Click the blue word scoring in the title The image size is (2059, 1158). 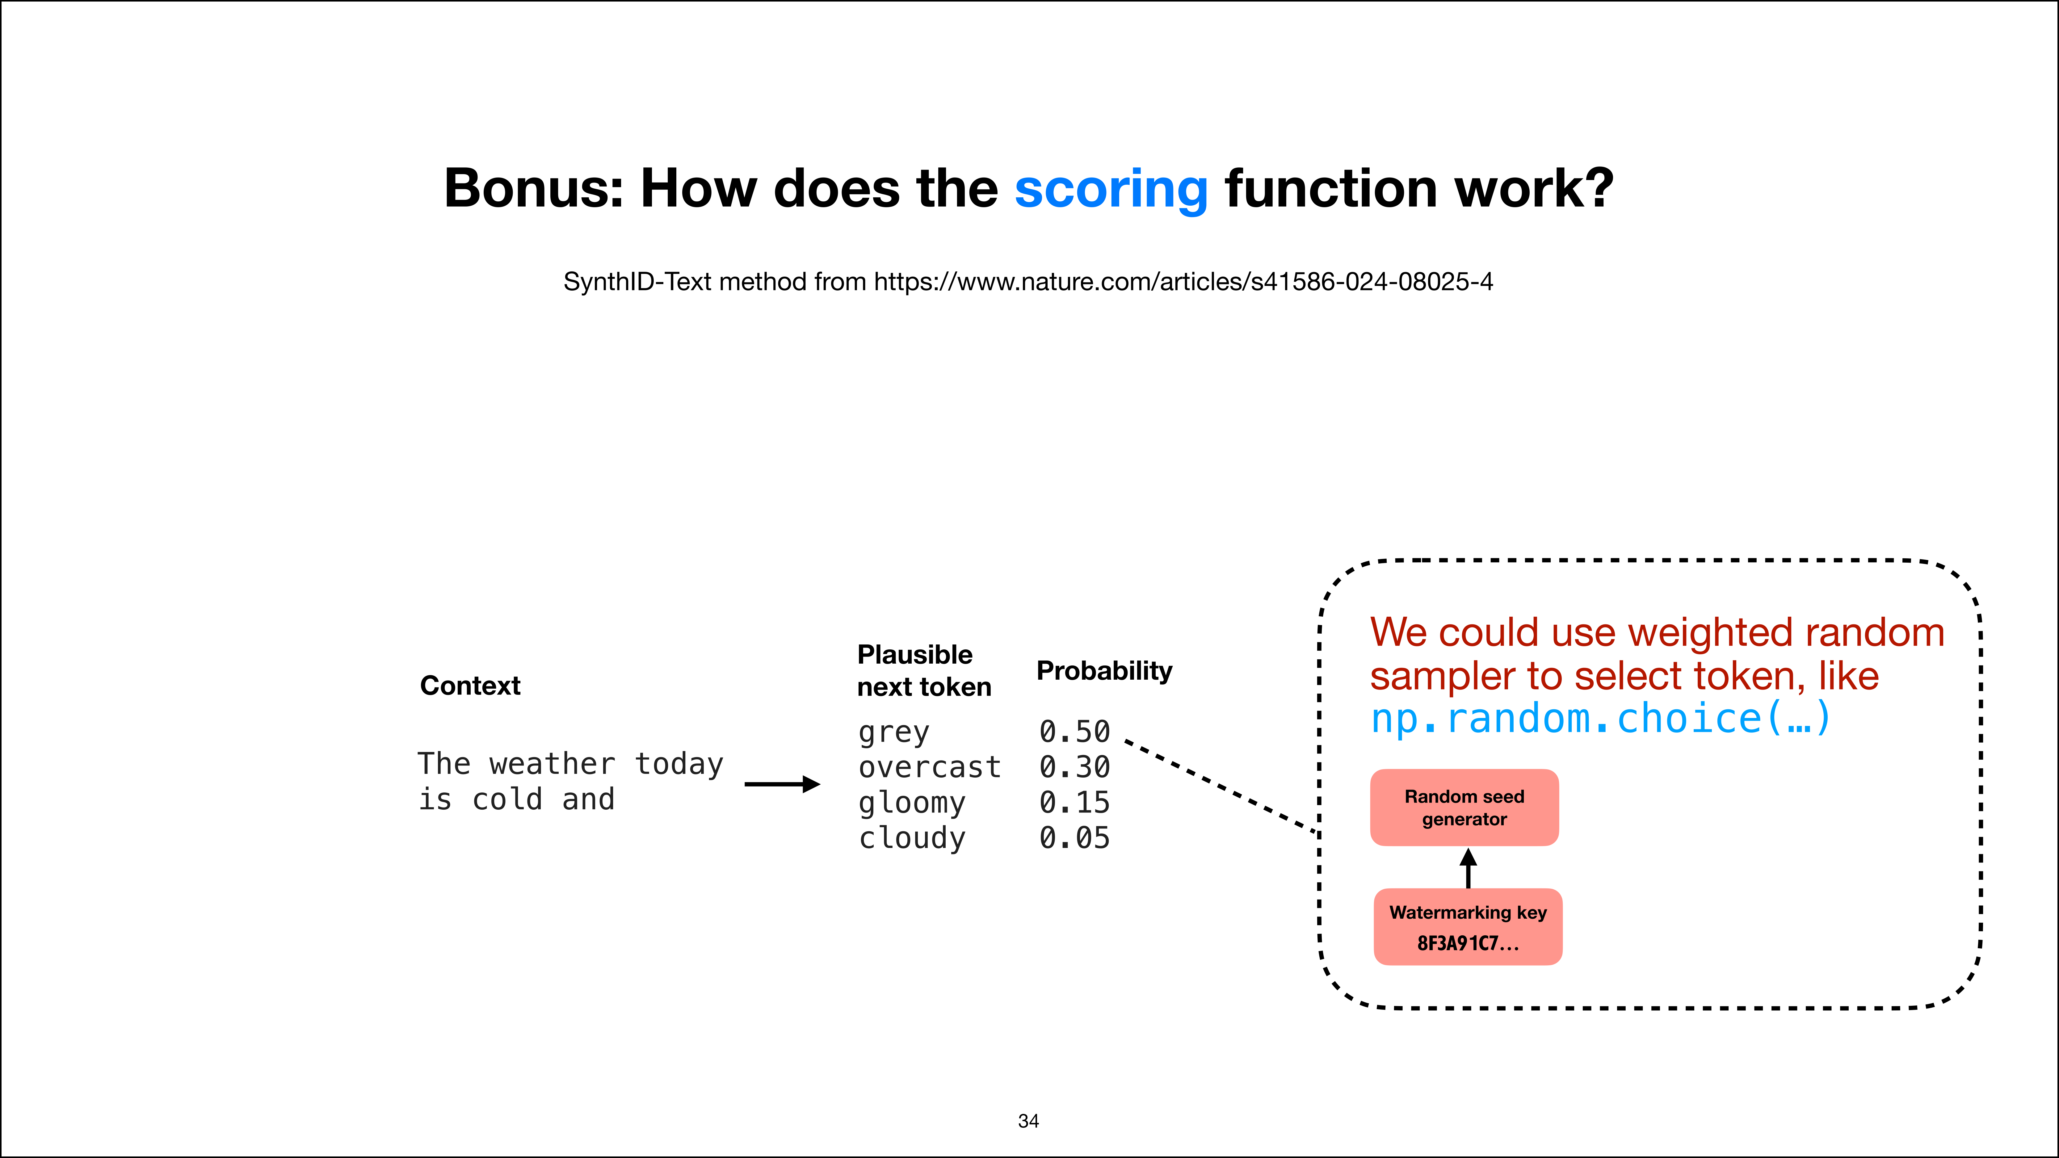click(1111, 190)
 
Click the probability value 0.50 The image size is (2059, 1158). click(1074, 731)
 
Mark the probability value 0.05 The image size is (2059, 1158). click(1074, 837)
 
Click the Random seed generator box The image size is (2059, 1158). click(1464, 807)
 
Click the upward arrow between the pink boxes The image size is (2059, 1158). click(1468, 868)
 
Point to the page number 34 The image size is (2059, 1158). click(1029, 1121)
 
